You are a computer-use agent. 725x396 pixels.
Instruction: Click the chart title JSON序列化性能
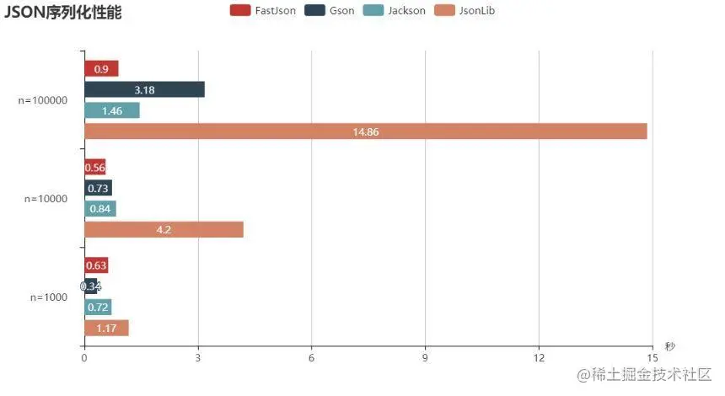(62, 13)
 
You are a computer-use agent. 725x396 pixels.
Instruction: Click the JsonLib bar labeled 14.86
(365, 131)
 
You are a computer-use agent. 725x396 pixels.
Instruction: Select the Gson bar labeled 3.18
(144, 90)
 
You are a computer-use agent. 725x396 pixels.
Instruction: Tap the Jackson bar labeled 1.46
(111, 110)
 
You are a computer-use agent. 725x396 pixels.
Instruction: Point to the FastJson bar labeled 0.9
(101, 69)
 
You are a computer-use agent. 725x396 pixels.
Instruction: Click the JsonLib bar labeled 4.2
(164, 229)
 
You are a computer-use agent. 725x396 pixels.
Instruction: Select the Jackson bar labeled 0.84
(99, 209)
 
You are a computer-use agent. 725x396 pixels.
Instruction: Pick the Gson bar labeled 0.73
(98, 188)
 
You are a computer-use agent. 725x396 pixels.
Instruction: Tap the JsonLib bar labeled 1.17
(106, 328)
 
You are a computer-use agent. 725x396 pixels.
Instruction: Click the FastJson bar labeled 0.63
(96, 266)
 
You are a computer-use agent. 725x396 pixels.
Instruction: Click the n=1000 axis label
(48, 297)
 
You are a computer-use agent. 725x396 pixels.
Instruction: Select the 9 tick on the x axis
(425, 358)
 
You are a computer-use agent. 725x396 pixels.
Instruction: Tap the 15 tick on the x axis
(652, 358)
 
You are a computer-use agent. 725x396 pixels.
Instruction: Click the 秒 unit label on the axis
(669, 346)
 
